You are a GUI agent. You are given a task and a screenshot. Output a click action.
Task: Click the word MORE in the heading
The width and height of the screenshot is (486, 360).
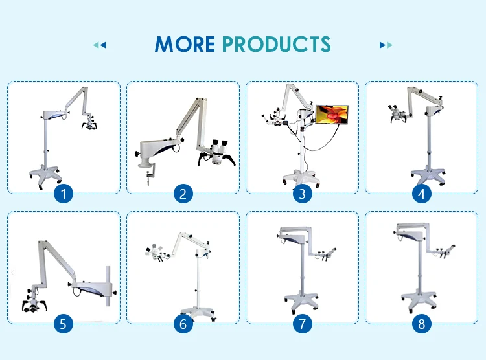pyautogui.click(x=185, y=44)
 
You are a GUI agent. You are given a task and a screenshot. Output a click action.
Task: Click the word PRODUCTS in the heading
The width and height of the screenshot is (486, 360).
pyautogui.click(x=276, y=44)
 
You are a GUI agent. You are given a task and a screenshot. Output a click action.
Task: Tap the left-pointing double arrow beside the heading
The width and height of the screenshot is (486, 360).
pyautogui.click(x=99, y=45)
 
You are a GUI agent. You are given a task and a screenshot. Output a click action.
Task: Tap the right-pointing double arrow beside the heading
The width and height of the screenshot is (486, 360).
pyautogui.click(x=386, y=45)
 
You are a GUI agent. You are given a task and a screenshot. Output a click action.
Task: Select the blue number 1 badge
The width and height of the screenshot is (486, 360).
pyautogui.click(x=64, y=193)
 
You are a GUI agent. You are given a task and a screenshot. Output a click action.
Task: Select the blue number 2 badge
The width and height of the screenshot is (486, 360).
pyautogui.click(x=183, y=193)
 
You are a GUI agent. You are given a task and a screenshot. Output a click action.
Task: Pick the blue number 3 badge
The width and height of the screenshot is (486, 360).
pyautogui.click(x=302, y=193)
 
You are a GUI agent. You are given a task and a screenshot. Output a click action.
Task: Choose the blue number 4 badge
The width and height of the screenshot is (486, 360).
pyautogui.click(x=421, y=193)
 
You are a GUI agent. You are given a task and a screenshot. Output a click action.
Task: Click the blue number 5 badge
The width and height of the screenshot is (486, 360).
pyautogui.click(x=64, y=323)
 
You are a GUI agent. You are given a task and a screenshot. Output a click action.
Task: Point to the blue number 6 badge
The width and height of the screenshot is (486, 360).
pyautogui.click(x=183, y=323)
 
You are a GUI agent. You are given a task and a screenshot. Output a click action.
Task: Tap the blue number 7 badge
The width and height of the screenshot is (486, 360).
pyautogui.click(x=302, y=323)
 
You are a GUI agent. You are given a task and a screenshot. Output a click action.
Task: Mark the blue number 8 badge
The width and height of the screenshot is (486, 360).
pyautogui.click(x=421, y=323)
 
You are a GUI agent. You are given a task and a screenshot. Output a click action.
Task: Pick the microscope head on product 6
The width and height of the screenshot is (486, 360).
pyautogui.click(x=154, y=254)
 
